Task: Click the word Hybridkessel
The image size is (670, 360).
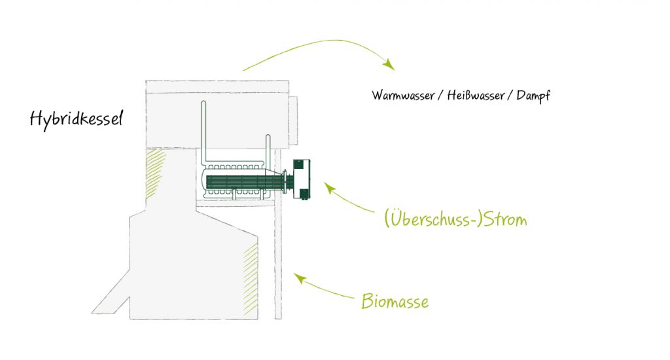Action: coord(76,119)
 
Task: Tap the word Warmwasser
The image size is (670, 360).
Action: coord(403,96)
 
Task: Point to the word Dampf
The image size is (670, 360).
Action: coord(533,96)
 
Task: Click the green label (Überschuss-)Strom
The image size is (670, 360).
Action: coord(455,219)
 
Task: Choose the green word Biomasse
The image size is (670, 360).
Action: coord(395,302)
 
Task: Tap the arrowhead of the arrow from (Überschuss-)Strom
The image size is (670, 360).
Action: coord(329,188)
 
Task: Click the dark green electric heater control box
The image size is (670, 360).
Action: coord(303,178)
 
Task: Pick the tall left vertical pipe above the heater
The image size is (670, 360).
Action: coord(203,131)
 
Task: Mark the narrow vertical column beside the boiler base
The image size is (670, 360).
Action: coord(278,262)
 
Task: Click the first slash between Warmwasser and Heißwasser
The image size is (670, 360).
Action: coord(440,96)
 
